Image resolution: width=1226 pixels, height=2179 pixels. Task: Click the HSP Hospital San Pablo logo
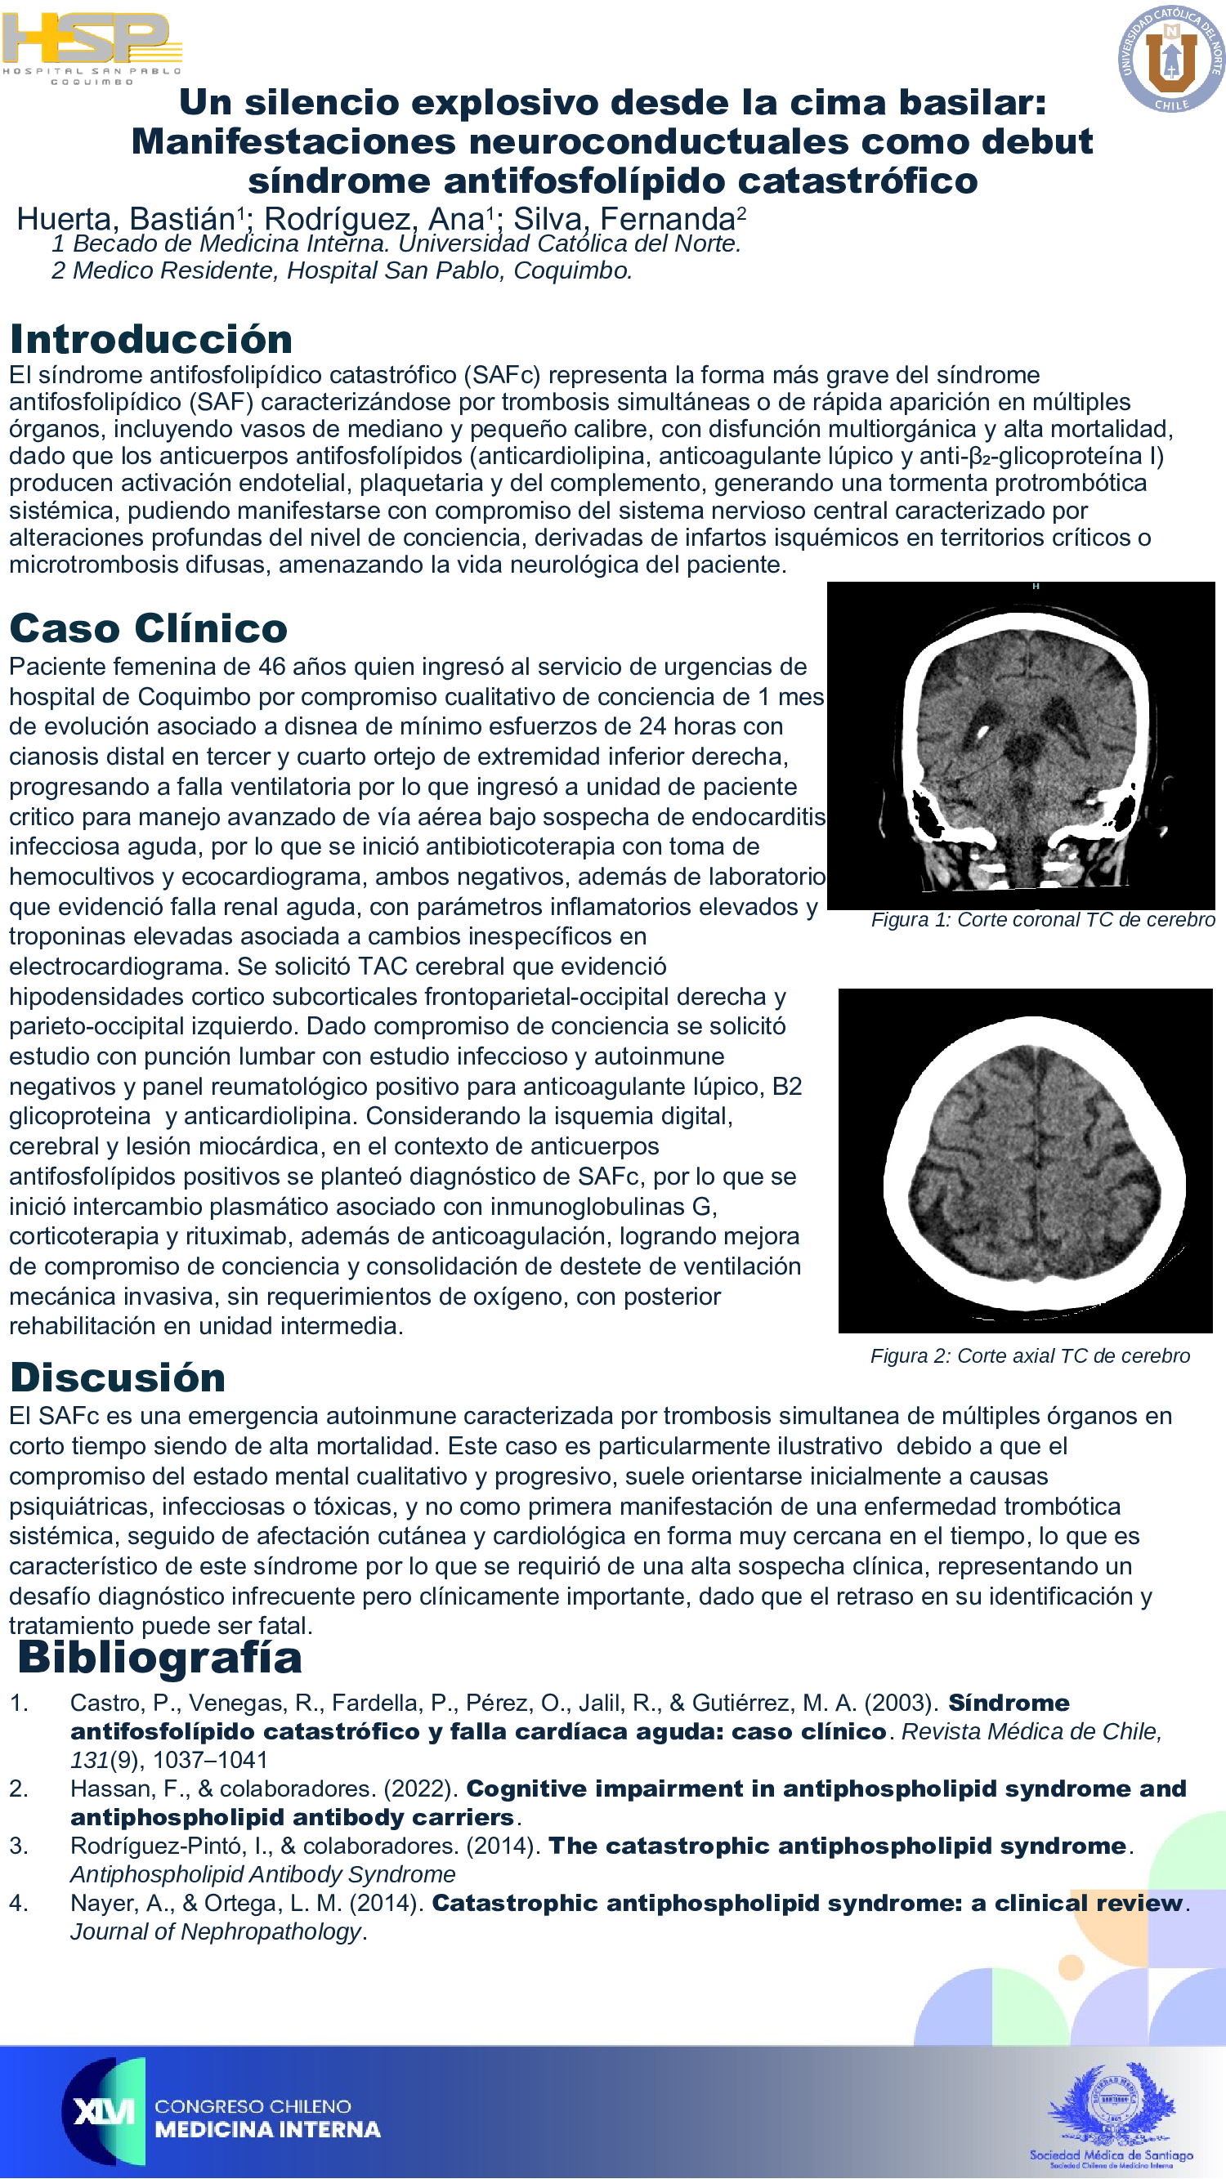tap(92, 47)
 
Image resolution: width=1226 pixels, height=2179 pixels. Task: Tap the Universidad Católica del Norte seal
tap(1171, 58)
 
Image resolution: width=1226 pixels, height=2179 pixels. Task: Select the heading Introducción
tap(151, 339)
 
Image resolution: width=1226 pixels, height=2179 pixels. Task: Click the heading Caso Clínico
tap(148, 628)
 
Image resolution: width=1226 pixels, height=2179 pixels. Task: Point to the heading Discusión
tap(118, 1378)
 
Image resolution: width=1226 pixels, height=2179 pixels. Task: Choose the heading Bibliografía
tap(160, 1657)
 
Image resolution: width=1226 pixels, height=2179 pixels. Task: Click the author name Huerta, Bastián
tap(125, 219)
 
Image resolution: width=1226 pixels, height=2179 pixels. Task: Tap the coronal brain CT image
tap(1020, 744)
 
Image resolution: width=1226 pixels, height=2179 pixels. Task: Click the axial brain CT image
tap(1025, 1159)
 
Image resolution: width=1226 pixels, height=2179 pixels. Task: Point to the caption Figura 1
tap(1042, 919)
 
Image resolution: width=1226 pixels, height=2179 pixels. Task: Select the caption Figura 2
tap(1030, 1356)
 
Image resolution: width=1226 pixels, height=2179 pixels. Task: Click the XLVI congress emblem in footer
tap(104, 2111)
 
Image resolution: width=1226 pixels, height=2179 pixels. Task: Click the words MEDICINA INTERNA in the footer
tap(267, 2130)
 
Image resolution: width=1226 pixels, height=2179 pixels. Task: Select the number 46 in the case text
tap(271, 667)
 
